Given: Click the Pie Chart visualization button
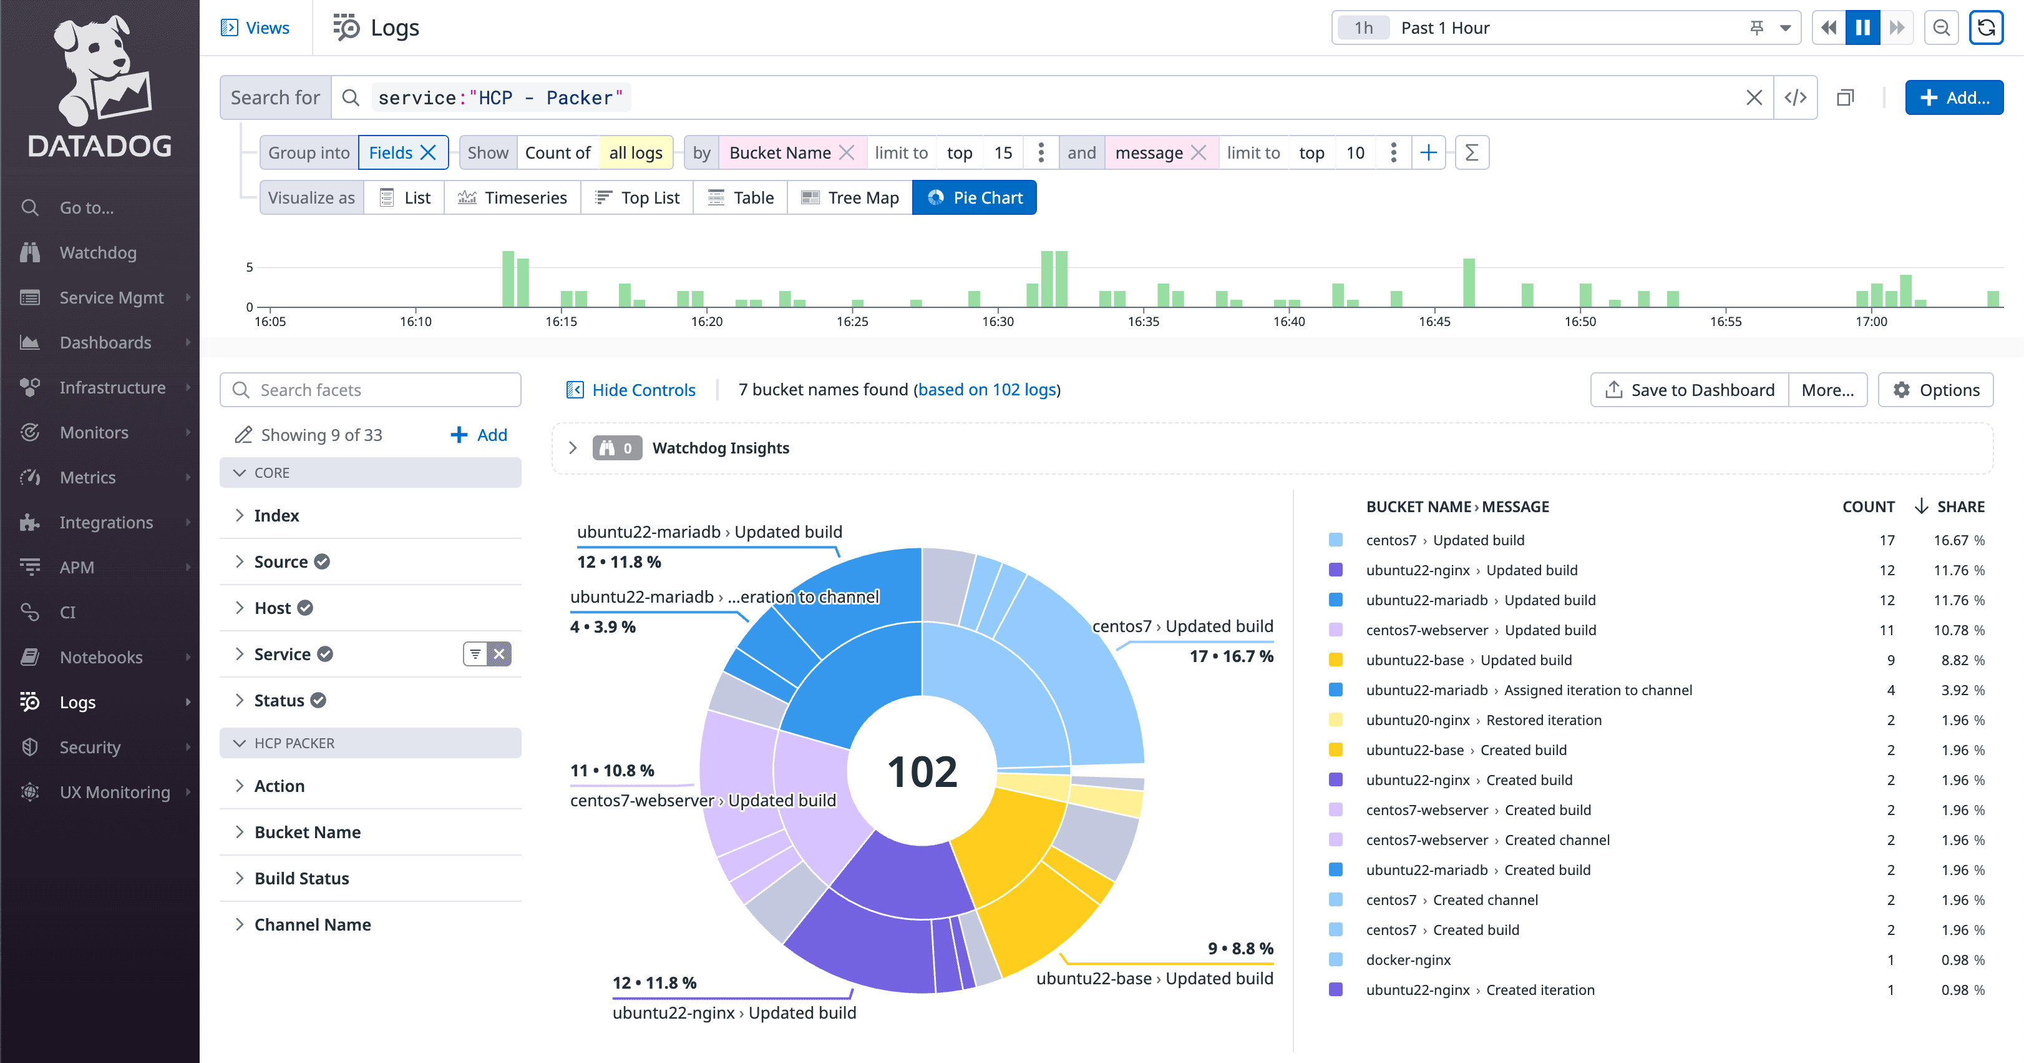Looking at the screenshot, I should coord(975,197).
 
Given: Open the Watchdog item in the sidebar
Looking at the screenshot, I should coord(97,252).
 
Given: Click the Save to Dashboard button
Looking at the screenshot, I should coord(1690,390).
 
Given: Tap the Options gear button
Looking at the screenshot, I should coord(1935,390).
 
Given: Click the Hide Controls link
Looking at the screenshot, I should coord(631,390).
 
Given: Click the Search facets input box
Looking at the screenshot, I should coord(370,390).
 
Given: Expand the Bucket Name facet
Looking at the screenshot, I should coord(307,832).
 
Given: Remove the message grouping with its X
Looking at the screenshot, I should coord(1198,152).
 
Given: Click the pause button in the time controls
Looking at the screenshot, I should coord(1862,28).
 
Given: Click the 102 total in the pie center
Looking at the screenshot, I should coord(922,772).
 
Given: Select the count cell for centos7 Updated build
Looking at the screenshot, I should coord(1887,540).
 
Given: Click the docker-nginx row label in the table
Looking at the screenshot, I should coord(1408,960).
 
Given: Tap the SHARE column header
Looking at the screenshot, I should coord(1960,507).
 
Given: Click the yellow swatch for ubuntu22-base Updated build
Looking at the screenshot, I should coord(1336,660).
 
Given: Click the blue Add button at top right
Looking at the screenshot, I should coord(1954,97).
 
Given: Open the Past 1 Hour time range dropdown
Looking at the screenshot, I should coord(1785,28).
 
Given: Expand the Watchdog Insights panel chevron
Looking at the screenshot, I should coord(573,448).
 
